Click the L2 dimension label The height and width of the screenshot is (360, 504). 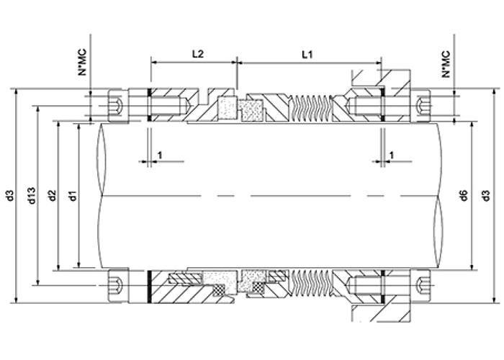coord(198,54)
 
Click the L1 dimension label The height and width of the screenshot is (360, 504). coord(307,55)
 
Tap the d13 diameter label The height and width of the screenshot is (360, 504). coord(32,195)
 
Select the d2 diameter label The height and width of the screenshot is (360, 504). coord(53,195)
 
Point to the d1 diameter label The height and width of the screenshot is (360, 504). coord(73,195)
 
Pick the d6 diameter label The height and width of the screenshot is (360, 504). coord(464,195)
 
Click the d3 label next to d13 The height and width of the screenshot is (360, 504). coord(11,195)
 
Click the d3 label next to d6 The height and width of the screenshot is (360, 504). coord(487,195)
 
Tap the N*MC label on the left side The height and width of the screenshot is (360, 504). coord(82,63)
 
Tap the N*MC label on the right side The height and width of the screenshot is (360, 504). coord(446,64)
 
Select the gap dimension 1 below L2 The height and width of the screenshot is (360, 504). coord(160,156)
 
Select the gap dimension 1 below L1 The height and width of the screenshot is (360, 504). coord(392,156)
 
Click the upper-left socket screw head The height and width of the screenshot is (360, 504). coord(118,105)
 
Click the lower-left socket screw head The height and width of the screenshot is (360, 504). coord(118,285)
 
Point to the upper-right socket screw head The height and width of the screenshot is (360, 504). coord(420,106)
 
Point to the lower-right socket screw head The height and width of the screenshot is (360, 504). coord(420,285)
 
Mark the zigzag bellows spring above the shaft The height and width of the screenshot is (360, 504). coord(312,109)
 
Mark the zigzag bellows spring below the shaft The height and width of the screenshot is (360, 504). coord(312,283)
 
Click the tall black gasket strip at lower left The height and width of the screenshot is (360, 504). coord(149,287)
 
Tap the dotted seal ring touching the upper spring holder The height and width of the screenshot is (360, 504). coord(252,110)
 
